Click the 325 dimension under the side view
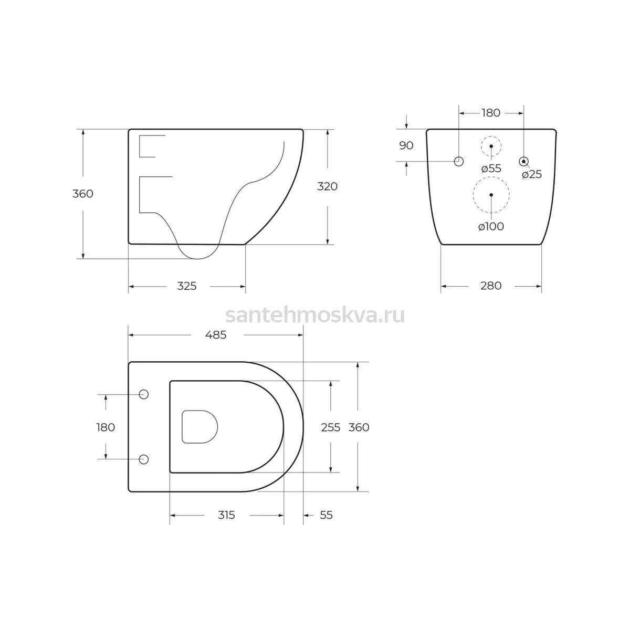click(187, 286)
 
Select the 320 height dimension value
click(327, 186)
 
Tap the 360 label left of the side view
click(83, 194)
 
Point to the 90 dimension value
click(406, 145)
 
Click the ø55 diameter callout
click(491, 169)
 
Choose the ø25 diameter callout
click(532, 175)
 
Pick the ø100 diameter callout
click(491, 227)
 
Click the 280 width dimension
click(491, 286)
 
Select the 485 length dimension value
click(216, 335)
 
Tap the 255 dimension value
click(331, 427)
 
